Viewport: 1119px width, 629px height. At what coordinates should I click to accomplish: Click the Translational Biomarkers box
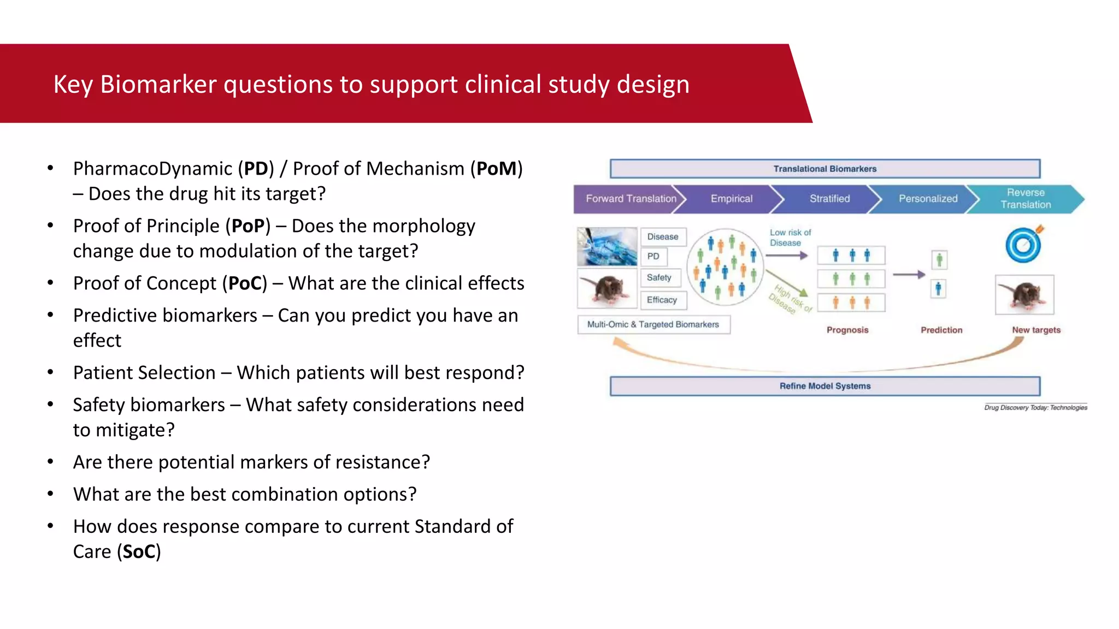(824, 169)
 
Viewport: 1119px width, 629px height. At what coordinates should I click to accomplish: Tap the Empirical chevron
(731, 199)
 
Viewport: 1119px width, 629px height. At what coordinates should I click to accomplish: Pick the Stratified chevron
(829, 199)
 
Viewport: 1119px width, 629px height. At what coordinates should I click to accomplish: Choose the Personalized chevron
(928, 199)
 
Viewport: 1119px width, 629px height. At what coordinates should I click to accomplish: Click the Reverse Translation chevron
(1026, 199)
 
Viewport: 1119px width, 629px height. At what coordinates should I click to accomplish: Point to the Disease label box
(663, 236)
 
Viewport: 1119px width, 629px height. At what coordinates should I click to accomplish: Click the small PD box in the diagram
(653, 256)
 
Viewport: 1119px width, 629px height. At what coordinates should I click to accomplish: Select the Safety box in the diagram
(659, 277)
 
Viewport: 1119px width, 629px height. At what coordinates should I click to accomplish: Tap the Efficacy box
(662, 300)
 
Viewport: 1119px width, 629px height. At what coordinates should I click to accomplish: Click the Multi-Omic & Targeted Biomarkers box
(653, 324)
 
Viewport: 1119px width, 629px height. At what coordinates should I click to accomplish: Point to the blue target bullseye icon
(1023, 245)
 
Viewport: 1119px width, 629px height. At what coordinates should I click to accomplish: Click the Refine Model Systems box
(824, 386)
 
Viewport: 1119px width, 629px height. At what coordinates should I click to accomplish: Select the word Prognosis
(847, 330)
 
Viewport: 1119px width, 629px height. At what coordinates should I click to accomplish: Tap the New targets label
(1036, 330)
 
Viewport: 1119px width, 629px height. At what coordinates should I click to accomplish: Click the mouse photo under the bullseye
(1024, 295)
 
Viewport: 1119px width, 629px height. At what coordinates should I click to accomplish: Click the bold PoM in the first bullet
(496, 169)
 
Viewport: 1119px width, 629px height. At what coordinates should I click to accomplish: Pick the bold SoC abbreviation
(139, 551)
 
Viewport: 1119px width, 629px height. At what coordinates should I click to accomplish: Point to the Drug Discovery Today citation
(1035, 407)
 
